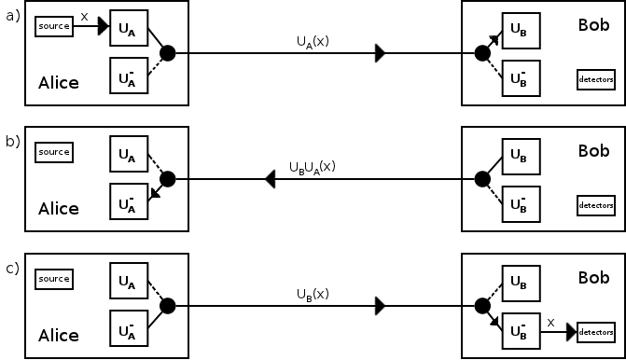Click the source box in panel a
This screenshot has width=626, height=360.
click(53, 26)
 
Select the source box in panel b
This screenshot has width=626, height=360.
click(53, 152)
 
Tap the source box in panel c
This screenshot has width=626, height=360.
click(53, 278)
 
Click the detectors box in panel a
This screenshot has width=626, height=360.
click(595, 79)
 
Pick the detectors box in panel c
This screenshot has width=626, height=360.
click(595, 331)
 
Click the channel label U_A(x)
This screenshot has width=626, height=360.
click(313, 42)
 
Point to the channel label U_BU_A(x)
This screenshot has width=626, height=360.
click(313, 168)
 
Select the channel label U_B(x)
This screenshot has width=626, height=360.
click(313, 294)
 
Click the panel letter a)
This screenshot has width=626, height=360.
click(12, 15)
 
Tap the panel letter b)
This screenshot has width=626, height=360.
click(12, 141)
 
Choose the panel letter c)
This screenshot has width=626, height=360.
click(12, 268)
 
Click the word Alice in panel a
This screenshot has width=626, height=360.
click(58, 83)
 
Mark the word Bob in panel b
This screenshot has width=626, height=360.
click(593, 150)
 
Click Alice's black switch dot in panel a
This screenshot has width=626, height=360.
click(168, 53)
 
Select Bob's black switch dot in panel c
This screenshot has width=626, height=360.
click(482, 305)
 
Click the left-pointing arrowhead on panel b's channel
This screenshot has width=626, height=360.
click(269, 179)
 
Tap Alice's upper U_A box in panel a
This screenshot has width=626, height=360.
click(128, 29)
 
